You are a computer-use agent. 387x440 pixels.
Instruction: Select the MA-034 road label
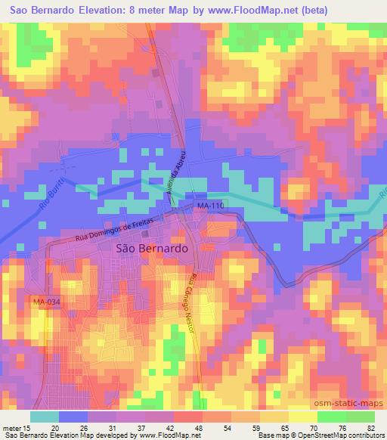click(x=45, y=302)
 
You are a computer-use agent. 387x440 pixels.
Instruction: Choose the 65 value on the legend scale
click(x=283, y=427)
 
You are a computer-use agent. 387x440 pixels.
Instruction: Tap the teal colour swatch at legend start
click(x=45, y=417)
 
